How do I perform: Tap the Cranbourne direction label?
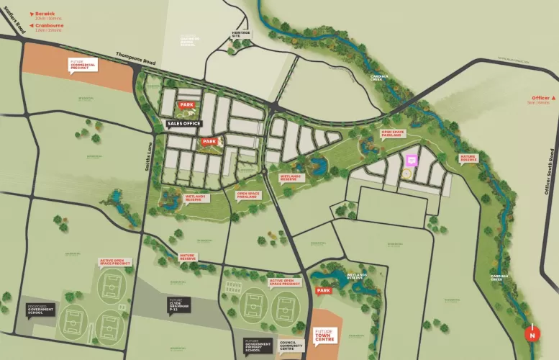[x=47, y=27]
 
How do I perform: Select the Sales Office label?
[x=183, y=124]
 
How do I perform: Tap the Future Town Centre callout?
[x=325, y=336]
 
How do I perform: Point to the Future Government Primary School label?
[x=258, y=346]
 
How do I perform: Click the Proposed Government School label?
[x=37, y=310]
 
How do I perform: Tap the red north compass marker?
[x=532, y=334]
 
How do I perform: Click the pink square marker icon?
[x=412, y=161]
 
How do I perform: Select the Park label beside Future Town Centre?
[x=324, y=291]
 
